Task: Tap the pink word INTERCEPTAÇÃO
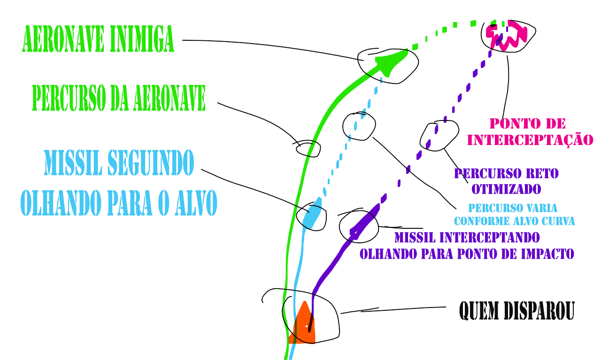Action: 530,140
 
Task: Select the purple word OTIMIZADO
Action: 506,189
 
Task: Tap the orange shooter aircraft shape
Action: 303,326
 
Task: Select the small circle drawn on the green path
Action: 308,149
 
